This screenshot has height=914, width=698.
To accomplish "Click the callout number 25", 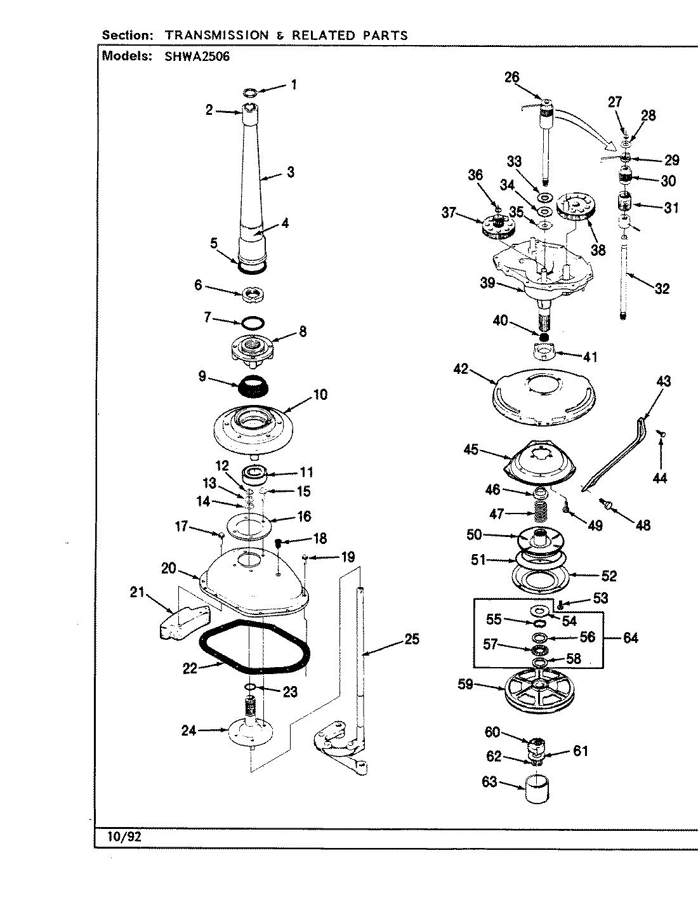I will pos(412,639).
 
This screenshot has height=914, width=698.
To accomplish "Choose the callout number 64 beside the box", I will pos(630,638).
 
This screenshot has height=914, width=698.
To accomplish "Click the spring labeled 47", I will pos(539,510).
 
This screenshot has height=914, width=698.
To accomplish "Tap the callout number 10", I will pos(320,395).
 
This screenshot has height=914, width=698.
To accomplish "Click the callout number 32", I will pos(662,289).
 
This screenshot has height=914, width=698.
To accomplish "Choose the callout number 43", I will pos(663,381).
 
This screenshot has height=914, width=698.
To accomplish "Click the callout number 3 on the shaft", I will pos(290,171).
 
